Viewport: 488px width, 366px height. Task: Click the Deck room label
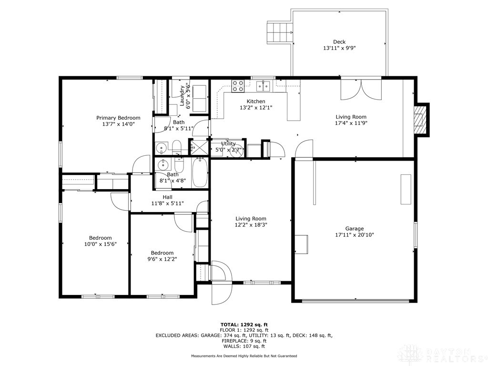pos(339,42)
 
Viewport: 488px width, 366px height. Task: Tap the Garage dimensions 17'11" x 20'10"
pos(354,234)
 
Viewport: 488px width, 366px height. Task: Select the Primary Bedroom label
pos(118,118)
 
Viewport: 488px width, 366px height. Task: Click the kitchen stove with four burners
pos(238,86)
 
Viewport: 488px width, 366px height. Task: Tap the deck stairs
pos(280,32)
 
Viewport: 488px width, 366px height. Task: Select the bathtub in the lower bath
pos(200,173)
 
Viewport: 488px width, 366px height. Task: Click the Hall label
pos(167,197)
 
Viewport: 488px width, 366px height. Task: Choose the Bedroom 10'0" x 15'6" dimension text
pos(100,244)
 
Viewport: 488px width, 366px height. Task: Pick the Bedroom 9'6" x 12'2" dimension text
pos(162,259)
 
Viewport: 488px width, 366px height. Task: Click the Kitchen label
pos(255,102)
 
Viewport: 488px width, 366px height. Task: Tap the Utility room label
pos(228,143)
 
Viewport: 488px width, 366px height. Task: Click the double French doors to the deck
pos(361,88)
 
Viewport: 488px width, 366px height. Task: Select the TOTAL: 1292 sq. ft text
pos(244,324)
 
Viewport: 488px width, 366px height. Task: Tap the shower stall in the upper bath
pos(200,148)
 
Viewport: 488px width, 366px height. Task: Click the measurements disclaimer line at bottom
pos(244,356)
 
